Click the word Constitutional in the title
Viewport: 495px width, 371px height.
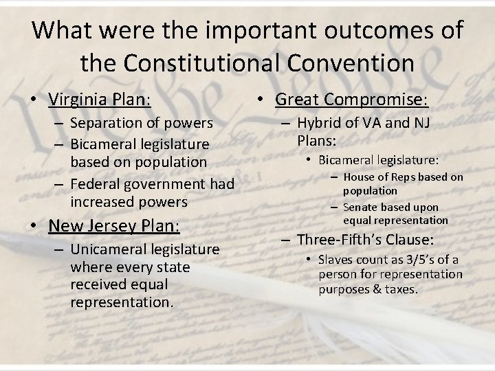(205, 63)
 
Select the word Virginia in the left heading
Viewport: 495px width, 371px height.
(77, 100)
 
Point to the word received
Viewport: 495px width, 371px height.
(98, 284)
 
